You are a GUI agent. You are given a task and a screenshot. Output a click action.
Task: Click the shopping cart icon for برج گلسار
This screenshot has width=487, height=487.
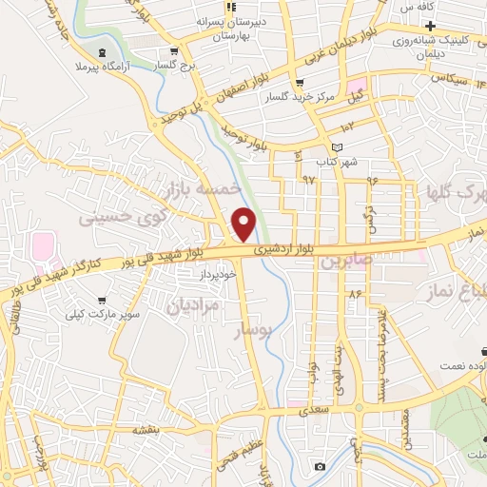click(173, 51)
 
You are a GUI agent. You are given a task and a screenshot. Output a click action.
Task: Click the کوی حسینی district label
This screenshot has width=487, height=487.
click(120, 212)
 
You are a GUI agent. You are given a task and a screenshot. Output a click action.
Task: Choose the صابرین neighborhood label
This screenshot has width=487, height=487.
click(340, 260)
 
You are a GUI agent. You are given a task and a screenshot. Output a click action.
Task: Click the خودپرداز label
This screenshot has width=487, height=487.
click(217, 274)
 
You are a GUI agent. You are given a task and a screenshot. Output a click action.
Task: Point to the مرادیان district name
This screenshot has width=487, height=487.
click(193, 304)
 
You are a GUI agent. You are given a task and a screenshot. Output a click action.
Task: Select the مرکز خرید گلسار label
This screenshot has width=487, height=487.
click(326, 97)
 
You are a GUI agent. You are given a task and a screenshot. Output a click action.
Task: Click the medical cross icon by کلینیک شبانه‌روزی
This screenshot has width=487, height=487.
click(431, 23)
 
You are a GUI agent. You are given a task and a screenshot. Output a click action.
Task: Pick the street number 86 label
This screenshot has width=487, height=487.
click(355, 296)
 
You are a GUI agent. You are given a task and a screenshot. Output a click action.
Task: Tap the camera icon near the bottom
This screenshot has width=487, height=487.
click(320, 466)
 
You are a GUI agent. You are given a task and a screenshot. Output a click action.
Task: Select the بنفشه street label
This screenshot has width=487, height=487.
click(145, 431)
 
